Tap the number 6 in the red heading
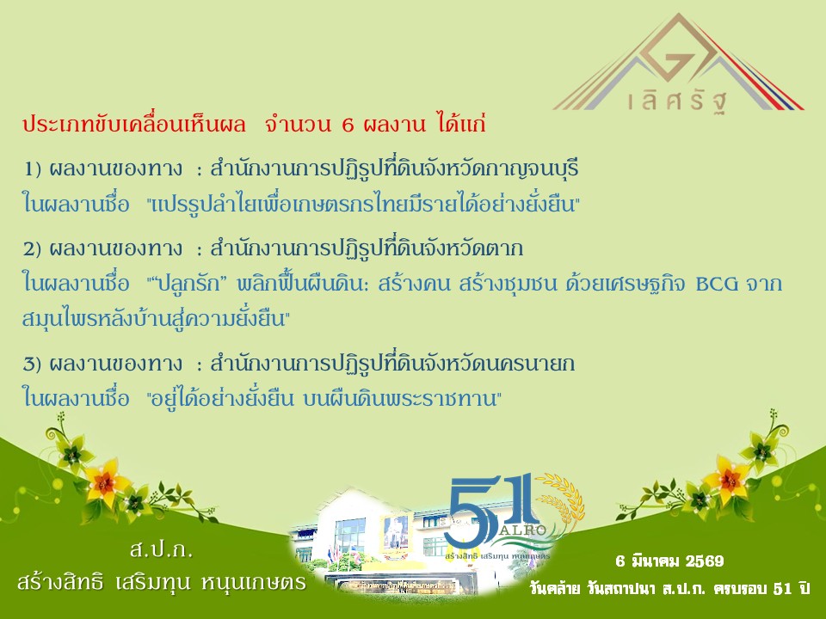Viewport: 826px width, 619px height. [348, 126]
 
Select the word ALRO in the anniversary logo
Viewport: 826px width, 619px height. [526, 530]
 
